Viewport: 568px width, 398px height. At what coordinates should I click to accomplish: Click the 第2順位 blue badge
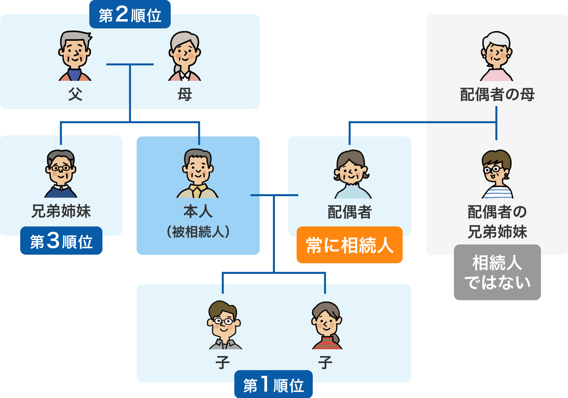click(x=130, y=15)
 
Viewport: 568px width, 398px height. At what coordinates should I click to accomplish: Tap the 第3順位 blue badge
click(x=61, y=241)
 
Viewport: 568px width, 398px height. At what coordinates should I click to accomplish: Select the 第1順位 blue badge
click(x=273, y=384)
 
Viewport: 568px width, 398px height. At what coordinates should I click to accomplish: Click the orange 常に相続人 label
click(x=349, y=245)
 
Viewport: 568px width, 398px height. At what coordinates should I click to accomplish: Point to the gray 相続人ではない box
click(x=497, y=272)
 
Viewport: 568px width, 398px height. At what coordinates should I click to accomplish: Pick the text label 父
click(x=75, y=94)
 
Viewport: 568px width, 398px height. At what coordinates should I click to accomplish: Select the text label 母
click(x=185, y=94)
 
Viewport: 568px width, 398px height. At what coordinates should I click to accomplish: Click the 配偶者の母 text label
click(x=497, y=94)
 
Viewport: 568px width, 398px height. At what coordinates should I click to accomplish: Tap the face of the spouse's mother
click(x=497, y=52)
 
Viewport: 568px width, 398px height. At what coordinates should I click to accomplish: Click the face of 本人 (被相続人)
click(x=198, y=169)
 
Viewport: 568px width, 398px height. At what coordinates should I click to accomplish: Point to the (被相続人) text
click(x=198, y=232)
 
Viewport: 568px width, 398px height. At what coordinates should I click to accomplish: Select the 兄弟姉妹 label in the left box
click(x=61, y=211)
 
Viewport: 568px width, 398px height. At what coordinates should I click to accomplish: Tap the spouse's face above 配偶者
click(x=351, y=171)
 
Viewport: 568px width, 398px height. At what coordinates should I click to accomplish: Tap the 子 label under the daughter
click(x=325, y=362)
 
